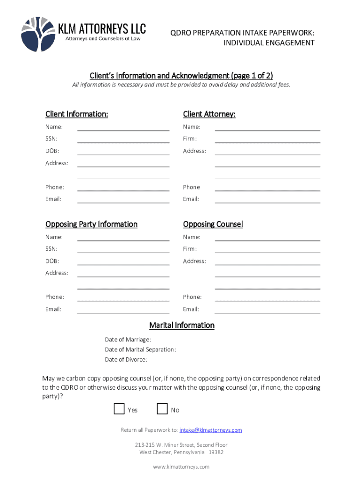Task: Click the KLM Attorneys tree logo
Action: [37, 34]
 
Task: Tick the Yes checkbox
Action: [119, 409]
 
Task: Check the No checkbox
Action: [162, 409]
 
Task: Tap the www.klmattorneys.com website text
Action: [181, 467]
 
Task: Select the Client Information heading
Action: [77, 114]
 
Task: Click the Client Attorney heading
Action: [209, 114]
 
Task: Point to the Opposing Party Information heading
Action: [91, 224]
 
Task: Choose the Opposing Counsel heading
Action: [213, 224]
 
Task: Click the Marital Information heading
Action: [182, 325]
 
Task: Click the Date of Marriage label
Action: [128, 340]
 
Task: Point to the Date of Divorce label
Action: [126, 360]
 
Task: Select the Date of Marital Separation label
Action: [140, 350]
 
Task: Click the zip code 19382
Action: [216, 452]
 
